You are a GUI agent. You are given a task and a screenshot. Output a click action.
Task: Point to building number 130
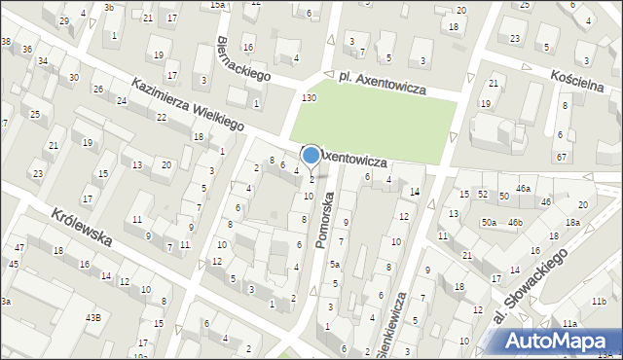point(310,98)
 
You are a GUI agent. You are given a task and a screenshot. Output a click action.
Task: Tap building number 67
point(562,157)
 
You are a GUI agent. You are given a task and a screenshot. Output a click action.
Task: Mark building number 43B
point(92,317)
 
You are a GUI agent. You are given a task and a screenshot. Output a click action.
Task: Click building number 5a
point(334,264)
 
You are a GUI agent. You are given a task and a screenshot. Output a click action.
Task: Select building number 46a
point(524,188)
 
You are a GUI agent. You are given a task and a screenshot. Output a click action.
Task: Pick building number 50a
point(488,223)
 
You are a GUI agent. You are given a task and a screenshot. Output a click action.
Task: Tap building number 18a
point(573,223)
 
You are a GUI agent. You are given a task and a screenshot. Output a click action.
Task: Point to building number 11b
point(600,303)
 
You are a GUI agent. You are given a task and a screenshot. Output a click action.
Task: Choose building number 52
point(483,196)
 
